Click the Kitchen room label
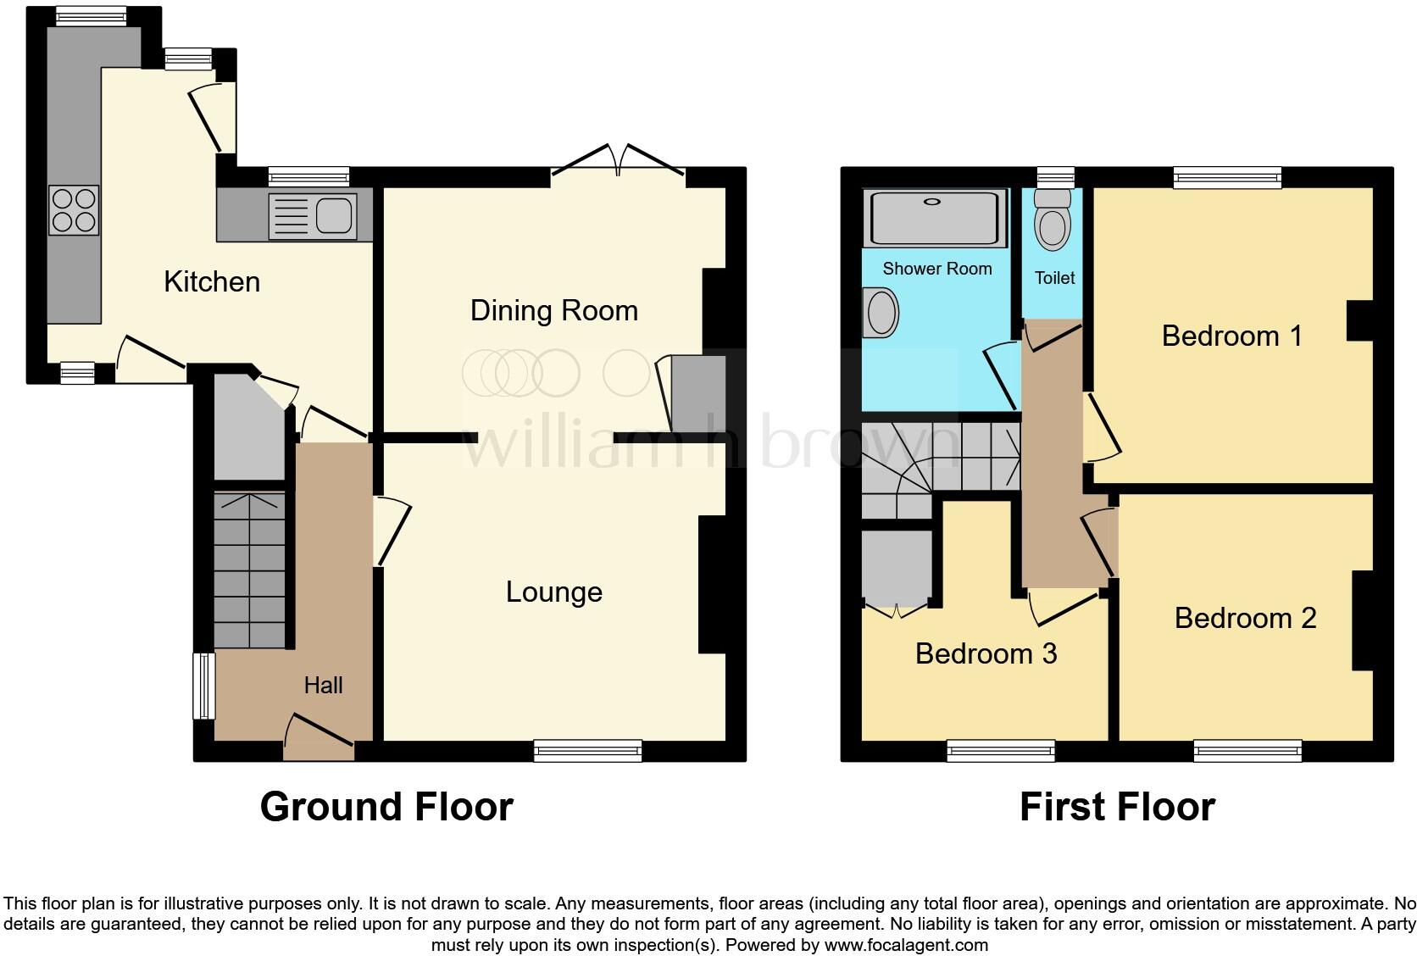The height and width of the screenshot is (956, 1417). (212, 281)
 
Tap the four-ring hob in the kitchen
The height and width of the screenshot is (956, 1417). (74, 210)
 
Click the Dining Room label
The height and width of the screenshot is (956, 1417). (553, 310)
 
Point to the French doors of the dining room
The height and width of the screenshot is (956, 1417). (618, 163)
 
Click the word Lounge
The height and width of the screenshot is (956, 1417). (553, 592)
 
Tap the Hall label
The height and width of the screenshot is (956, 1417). (323, 685)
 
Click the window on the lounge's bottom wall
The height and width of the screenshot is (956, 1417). (587, 750)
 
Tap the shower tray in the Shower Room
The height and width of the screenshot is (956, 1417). (934, 217)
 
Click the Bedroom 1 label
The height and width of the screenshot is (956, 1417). (1231, 336)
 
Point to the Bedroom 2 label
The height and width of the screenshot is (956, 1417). (1244, 618)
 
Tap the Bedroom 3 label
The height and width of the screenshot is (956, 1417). (986, 653)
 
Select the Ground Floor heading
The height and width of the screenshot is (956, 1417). (386, 806)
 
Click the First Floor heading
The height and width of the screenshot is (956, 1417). (1116, 806)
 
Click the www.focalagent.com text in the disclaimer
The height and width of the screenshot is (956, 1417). (905, 944)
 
